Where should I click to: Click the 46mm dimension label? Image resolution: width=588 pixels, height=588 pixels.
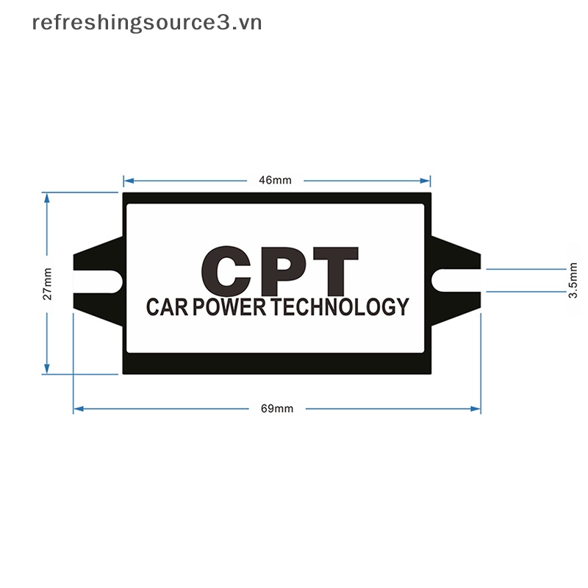276,180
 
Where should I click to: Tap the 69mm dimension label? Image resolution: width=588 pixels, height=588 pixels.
277,409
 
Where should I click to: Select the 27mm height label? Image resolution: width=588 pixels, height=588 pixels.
47,284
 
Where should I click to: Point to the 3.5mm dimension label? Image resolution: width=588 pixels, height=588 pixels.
574,280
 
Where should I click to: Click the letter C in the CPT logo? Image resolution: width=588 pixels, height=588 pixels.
229,270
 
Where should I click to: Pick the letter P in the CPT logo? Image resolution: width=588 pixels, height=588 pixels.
285,270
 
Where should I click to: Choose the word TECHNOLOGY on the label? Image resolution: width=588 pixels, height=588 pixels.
340,307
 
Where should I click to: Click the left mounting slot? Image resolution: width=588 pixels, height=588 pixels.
98,280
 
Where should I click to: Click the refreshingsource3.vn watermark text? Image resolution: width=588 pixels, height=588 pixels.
147,23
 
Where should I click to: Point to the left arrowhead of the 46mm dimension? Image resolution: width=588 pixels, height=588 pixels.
126,180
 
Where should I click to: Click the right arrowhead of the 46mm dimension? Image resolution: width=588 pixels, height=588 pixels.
427,180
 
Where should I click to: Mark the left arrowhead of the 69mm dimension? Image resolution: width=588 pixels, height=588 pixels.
77,409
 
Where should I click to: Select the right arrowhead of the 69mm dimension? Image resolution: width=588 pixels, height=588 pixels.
477,409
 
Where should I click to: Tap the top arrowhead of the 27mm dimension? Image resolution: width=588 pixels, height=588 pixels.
47,196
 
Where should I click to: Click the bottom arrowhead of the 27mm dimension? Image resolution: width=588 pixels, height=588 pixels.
47,370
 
